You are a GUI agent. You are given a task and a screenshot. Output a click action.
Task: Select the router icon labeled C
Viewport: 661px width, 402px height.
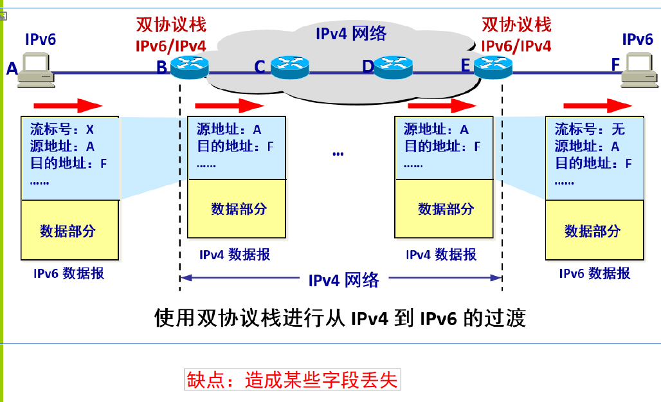pyautogui.click(x=290, y=67)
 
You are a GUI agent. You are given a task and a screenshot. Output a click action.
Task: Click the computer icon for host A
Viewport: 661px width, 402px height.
pyautogui.click(x=36, y=69)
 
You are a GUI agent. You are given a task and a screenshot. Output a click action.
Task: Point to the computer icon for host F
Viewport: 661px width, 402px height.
pyautogui.click(x=639, y=69)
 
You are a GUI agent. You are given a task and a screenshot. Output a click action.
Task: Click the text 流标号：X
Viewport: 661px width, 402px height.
pyautogui.click(x=62, y=130)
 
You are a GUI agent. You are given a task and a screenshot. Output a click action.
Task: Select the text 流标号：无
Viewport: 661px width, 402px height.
pyautogui.click(x=590, y=130)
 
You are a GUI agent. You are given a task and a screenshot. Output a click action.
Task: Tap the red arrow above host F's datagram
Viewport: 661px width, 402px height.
pyautogui.click(x=597, y=105)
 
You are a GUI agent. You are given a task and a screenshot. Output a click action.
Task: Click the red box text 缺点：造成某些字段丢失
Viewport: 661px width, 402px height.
pyautogui.click(x=293, y=379)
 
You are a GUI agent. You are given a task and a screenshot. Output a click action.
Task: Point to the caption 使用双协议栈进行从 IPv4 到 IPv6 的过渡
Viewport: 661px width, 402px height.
pyautogui.click(x=340, y=318)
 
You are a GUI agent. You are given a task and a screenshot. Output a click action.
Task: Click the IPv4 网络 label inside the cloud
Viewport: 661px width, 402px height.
pyautogui.click(x=350, y=33)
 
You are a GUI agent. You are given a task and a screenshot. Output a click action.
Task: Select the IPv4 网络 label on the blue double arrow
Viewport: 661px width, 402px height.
pyautogui.click(x=344, y=280)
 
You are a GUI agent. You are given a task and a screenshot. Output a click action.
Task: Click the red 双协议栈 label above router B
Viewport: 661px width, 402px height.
pyautogui.click(x=171, y=24)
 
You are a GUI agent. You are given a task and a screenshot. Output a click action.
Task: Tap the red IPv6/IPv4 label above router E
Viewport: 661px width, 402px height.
pyautogui.click(x=516, y=46)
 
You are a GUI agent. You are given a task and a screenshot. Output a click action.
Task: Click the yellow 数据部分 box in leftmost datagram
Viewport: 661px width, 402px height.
pyautogui.click(x=69, y=230)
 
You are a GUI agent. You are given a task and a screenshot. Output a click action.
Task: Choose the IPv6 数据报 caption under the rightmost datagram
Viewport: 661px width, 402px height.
pyautogui.click(x=595, y=273)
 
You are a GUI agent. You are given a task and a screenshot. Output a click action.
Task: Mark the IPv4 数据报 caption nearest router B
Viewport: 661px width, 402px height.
pyautogui.click(x=235, y=255)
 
